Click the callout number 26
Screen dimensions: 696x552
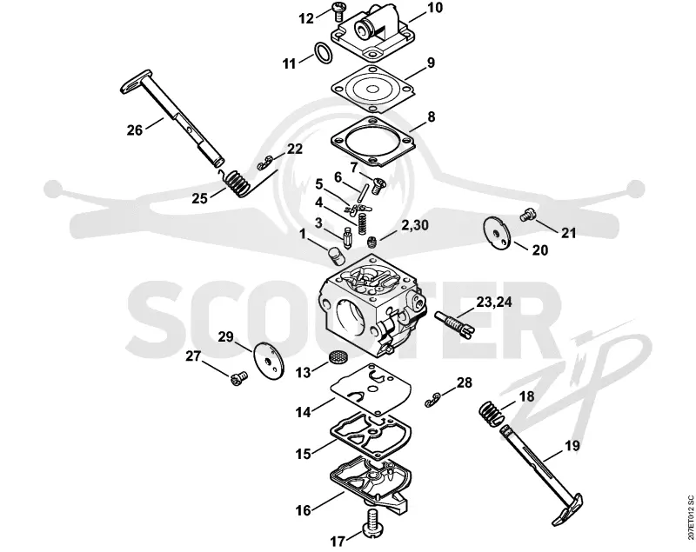[135, 130]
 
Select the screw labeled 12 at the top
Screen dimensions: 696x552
[339, 10]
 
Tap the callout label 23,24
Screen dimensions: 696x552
[494, 303]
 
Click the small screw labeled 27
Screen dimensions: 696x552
[238, 378]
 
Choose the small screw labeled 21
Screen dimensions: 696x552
[527, 215]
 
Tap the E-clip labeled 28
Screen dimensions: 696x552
[432, 400]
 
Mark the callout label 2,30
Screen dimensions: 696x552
[415, 225]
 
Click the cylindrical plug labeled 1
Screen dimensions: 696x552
[337, 256]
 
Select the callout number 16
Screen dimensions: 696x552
[304, 510]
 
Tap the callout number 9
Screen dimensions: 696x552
[431, 63]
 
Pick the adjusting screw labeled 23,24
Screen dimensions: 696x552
[454, 323]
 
